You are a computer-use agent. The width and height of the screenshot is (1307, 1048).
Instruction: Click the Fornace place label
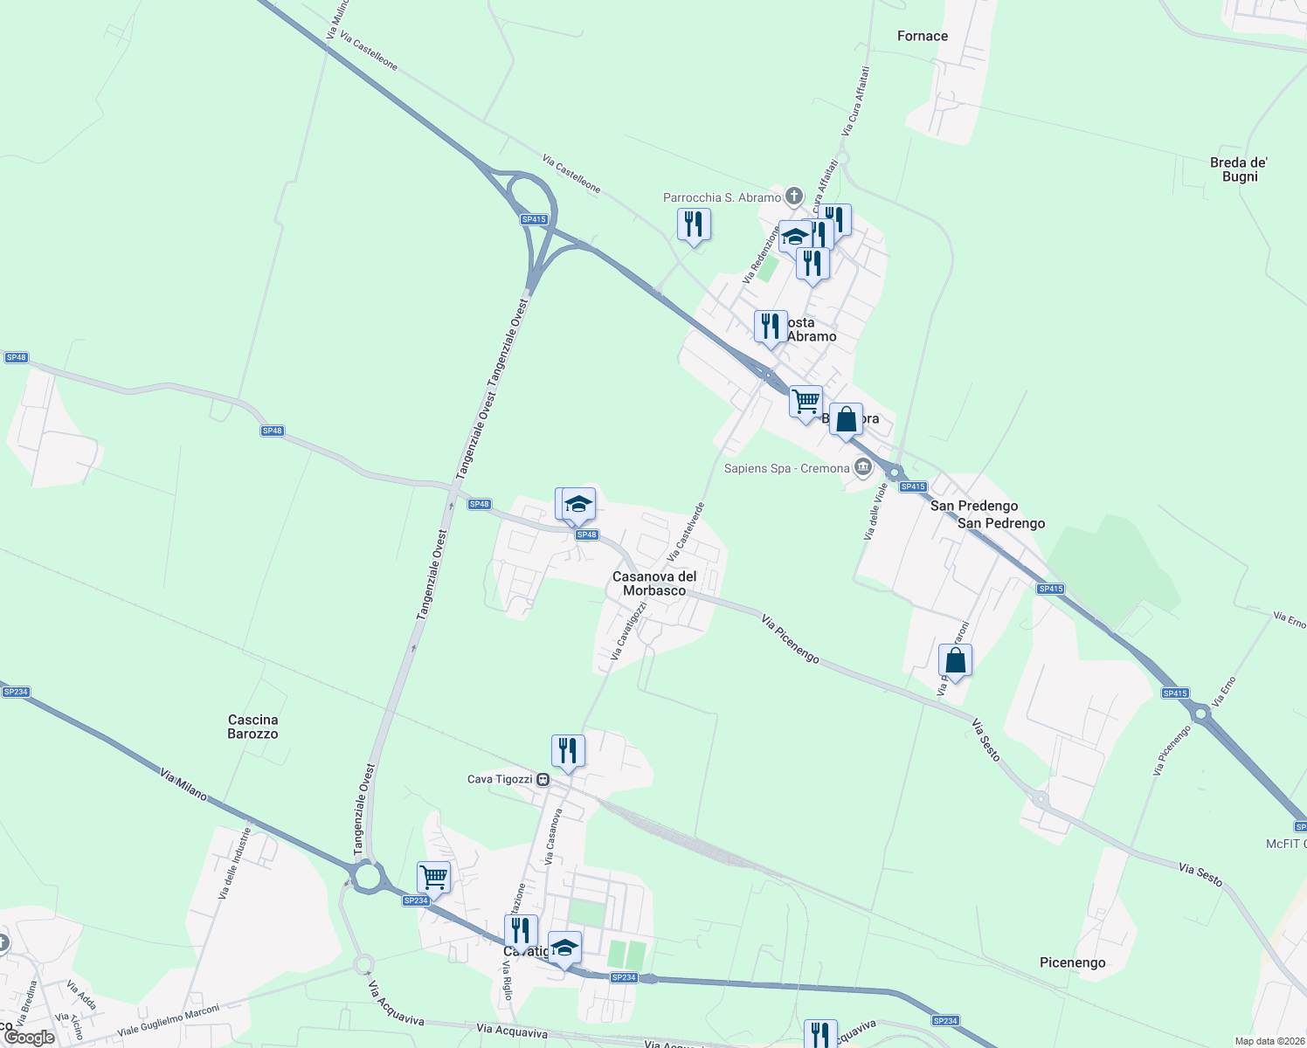click(922, 36)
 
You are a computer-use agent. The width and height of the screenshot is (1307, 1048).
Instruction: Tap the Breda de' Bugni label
click(1239, 169)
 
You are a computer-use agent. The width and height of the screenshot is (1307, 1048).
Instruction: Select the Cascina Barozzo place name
click(252, 727)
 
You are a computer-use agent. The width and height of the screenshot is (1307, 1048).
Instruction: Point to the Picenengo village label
click(1072, 962)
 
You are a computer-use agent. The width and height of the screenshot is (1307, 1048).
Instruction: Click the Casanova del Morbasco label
click(654, 583)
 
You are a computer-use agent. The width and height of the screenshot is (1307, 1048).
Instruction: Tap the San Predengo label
click(973, 506)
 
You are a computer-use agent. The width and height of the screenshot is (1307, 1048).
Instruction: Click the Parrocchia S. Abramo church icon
click(793, 196)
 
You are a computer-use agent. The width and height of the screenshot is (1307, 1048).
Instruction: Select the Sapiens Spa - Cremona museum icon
click(863, 468)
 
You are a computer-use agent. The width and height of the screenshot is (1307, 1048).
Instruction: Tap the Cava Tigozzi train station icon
click(543, 779)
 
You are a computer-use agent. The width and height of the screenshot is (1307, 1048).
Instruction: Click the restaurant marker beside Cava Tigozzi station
click(568, 750)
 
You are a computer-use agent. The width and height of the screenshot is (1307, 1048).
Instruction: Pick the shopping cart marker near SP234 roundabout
click(433, 876)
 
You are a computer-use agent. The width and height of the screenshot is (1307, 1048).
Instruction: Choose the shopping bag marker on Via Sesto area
click(955, 660)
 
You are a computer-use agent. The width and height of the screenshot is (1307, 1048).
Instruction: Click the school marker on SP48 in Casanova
click(578, 504)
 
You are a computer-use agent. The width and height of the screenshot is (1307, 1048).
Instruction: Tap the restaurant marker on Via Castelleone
click(694, 224)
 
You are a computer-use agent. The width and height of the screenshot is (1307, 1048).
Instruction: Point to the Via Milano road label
click(183, 784)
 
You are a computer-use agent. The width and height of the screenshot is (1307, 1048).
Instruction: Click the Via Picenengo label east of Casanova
click(790, 638)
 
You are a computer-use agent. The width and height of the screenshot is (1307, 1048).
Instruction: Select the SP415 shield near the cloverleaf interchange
click(533, 219)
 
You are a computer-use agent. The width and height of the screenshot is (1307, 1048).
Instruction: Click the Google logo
click(29, 1038)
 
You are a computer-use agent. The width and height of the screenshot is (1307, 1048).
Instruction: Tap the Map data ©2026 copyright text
click(1269, 1041)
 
